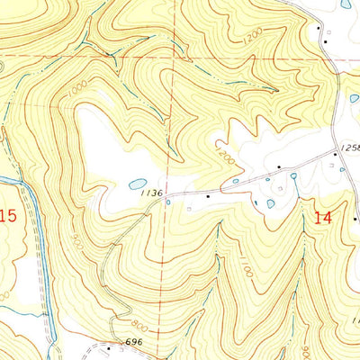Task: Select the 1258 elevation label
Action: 350,147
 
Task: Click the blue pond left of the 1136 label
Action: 137,184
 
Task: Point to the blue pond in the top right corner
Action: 346,4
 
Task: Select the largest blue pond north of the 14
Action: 270,203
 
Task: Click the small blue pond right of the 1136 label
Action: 235,182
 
